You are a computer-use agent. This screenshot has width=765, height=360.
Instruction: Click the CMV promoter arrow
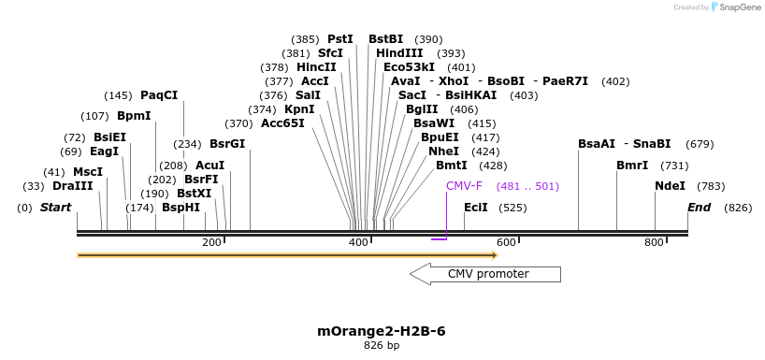(485, 274)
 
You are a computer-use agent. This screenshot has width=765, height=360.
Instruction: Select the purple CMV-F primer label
(464, 186)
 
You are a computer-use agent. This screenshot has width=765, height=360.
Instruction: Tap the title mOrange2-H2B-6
(382, 331)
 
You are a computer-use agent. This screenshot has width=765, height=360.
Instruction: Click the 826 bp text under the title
(382, 346)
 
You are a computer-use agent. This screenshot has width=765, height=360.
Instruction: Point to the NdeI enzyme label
(670, 186)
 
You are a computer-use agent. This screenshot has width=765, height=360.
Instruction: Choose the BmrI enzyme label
(632, 166)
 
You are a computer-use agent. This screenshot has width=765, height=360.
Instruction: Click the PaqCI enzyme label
(159, 95)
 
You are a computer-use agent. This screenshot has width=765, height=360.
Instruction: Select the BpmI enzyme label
(134, 116)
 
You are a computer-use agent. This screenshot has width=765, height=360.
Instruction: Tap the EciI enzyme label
(475, 208)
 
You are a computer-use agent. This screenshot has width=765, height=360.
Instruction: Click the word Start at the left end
(55, 208)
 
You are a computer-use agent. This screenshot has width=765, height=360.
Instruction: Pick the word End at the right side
(699, 208)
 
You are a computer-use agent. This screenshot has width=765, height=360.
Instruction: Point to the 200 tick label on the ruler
(211, 243)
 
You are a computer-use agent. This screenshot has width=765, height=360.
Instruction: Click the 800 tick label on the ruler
(655, 243)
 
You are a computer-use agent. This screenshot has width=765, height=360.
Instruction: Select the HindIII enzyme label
(399, 53)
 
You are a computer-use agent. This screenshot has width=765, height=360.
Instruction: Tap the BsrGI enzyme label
(227, 144)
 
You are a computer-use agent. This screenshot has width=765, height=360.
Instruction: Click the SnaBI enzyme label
(652, 144)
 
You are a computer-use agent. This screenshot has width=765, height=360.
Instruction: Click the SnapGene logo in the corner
(735, 7)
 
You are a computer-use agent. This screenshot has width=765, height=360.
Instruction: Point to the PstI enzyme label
(340, 39)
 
